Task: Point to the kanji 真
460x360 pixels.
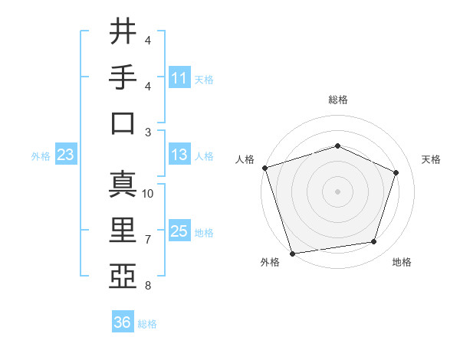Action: click(123, 184)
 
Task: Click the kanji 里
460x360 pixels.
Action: click(123, 230)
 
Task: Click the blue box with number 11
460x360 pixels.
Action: click(179, 78)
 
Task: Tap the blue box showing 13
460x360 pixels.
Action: click(179, 155)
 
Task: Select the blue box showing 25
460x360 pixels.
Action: click(179, 231)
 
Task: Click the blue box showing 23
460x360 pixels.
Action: click(66, 155)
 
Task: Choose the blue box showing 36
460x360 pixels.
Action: click(123, 322)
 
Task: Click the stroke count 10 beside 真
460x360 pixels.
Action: click(148, 194)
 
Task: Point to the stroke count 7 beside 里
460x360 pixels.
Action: click(148, 240)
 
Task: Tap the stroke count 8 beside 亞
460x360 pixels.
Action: click(148, 286)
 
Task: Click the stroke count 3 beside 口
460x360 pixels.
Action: click(148, 132)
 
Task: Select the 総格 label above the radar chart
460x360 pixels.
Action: click(337, 100)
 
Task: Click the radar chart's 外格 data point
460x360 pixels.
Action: click(292, 253)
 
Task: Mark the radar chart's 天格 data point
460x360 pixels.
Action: click(396, 172)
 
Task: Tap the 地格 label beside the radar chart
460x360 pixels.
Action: click(402, 263)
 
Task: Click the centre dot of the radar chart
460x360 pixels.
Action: click(337, 191)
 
